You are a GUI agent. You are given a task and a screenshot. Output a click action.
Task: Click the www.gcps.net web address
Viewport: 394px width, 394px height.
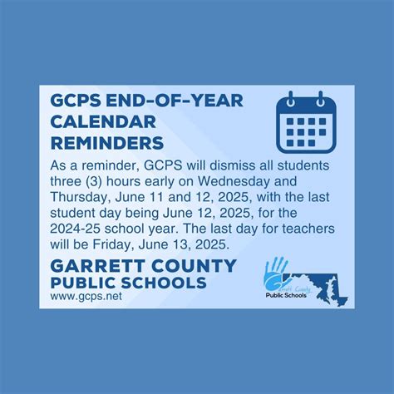pos(79,298)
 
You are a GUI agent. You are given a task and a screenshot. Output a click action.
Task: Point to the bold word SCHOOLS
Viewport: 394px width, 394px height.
pos(165,283)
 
